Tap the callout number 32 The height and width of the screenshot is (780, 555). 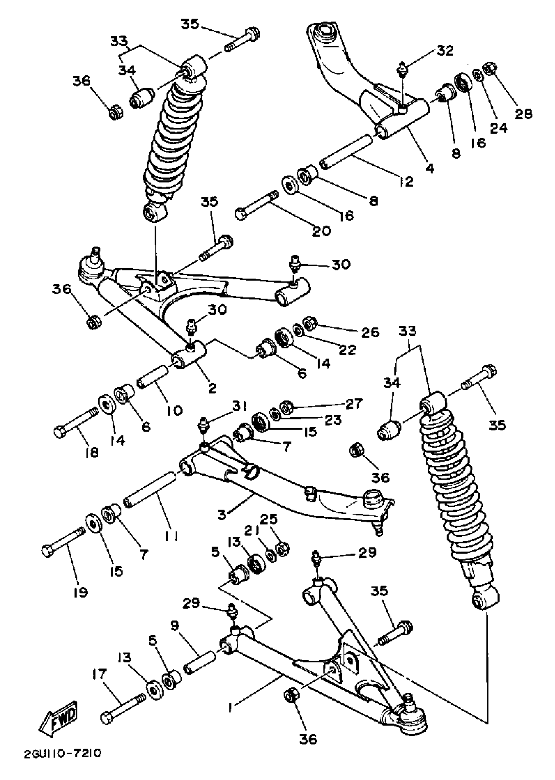click(x=444, y=51)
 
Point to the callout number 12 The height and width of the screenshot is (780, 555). click(x=406, y=181)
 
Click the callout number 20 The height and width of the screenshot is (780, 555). click(x=322, y=231)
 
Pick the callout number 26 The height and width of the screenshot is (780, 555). click(x=370, y=332)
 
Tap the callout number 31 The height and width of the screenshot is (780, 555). click(x=240, y=406)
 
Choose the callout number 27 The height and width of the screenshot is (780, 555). click(x=354, y=404)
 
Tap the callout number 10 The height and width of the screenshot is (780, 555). click(x=175, y=410)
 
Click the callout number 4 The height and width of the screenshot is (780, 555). click(x=430, y=168)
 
